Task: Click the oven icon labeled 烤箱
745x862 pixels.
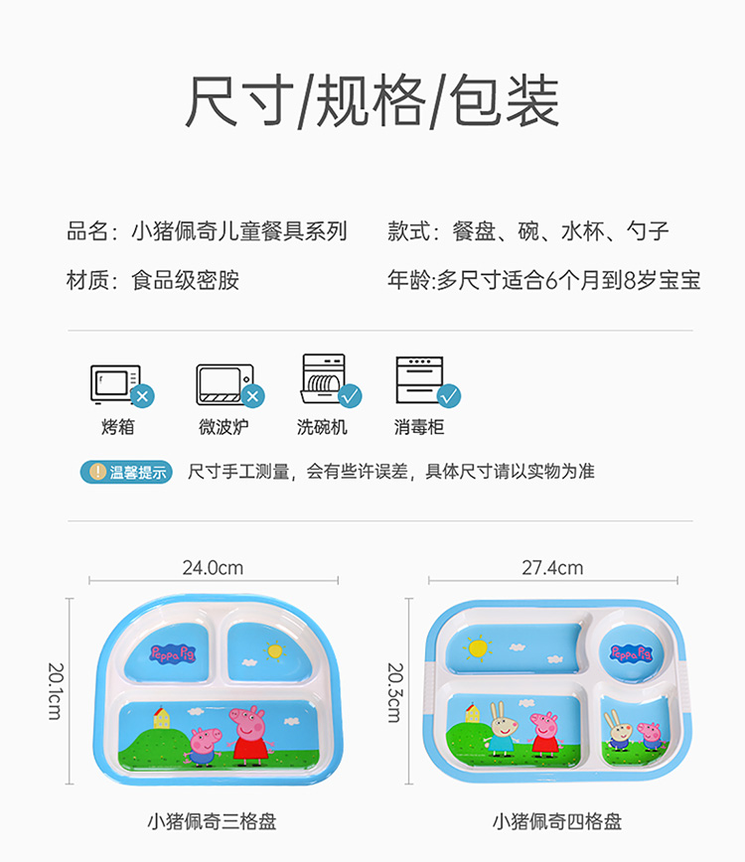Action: pos(116,383)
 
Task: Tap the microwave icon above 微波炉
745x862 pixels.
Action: pos(223,383)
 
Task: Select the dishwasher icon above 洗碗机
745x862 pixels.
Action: pos(325,379)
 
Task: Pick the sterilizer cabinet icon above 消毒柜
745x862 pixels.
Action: pos(420,379)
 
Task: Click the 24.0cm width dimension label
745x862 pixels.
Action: pos(213,568)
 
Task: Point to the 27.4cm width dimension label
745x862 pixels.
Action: pos(552,568)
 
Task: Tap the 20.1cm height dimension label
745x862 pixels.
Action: pos(55,685)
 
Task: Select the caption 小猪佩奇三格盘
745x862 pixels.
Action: pos(212,821)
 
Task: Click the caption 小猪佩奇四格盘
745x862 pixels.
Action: pos(556,821)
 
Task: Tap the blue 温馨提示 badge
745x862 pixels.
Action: pos(125,472)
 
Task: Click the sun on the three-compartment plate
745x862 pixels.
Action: pos(273,652)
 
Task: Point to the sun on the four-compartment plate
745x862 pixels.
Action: pos(478,647)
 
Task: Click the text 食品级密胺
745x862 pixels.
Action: pos(186,281)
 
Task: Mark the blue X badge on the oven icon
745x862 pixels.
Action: pos(143,397)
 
